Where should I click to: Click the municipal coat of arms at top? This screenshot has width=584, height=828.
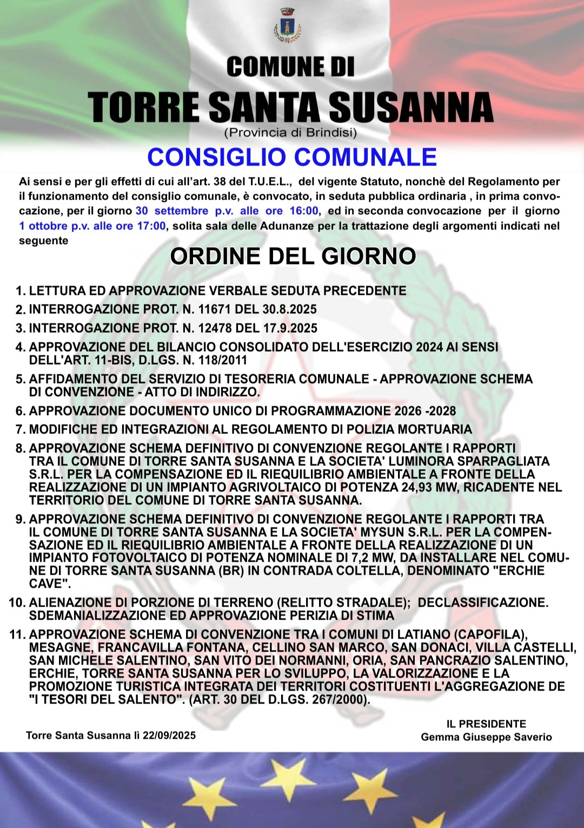(288, 25)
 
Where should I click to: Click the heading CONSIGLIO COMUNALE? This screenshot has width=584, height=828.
(292, 157)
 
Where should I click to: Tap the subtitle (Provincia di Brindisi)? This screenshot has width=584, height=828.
(290, 132)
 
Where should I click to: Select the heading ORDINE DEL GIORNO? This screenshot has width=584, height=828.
(293, 256)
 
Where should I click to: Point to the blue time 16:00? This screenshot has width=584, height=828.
(304, 211)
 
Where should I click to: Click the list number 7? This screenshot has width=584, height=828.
(21, 430)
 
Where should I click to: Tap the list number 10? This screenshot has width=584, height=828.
(17, 603)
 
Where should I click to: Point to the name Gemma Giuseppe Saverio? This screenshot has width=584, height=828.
(486, 737)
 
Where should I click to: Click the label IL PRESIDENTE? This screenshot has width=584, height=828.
(486, 724)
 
